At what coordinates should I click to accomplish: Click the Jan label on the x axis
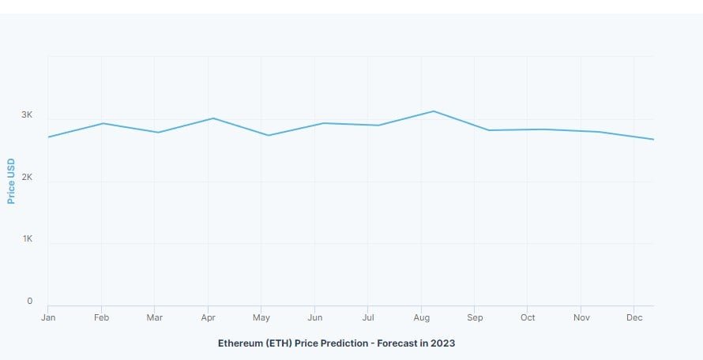pyautogui.click(x=47, y=317)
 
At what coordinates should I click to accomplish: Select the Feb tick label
pyautogui.click(x=101, y=317)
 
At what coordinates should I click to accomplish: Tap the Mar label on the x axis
pyautogui.click(x=155, y=317)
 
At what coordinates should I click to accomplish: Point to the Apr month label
pyautogui.click(x=208, y=317)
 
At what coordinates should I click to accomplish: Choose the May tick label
pyautogui.click(x=261, y=317)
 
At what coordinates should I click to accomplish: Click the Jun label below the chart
pyautogui.click(x=314, y=317)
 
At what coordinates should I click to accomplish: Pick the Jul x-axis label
pyautogui.click(x=367, y=317)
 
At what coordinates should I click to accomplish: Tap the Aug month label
pyautogui.click(x=421, y=317)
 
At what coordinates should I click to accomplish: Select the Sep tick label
pyautogui.click(x=474, y=317)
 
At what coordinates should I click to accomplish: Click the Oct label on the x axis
pyautogui.click(x=528, y=317)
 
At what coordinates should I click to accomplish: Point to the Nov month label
pyautogui.click(x=581, y=317)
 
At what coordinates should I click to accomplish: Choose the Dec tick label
pyautogui.click(x=634, y=317)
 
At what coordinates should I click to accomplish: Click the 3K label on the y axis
pyautogui.click(x=27, y=115)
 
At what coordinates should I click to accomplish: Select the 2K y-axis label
pyautogui.click(x=27, y=178)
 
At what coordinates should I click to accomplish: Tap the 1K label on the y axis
pyautogui.click(x=27, y=238)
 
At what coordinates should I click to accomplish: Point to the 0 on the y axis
pyautogui.click(x=30, y=301)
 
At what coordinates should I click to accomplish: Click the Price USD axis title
pyautogui.click(x=12, y=181)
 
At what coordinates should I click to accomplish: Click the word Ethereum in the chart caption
pyautogui.click(x=240, y=343)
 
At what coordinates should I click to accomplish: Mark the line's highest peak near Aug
pyautogui.click(x=433, y=111)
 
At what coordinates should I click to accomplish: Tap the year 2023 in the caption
pyautogui.click(x=442, y=343)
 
